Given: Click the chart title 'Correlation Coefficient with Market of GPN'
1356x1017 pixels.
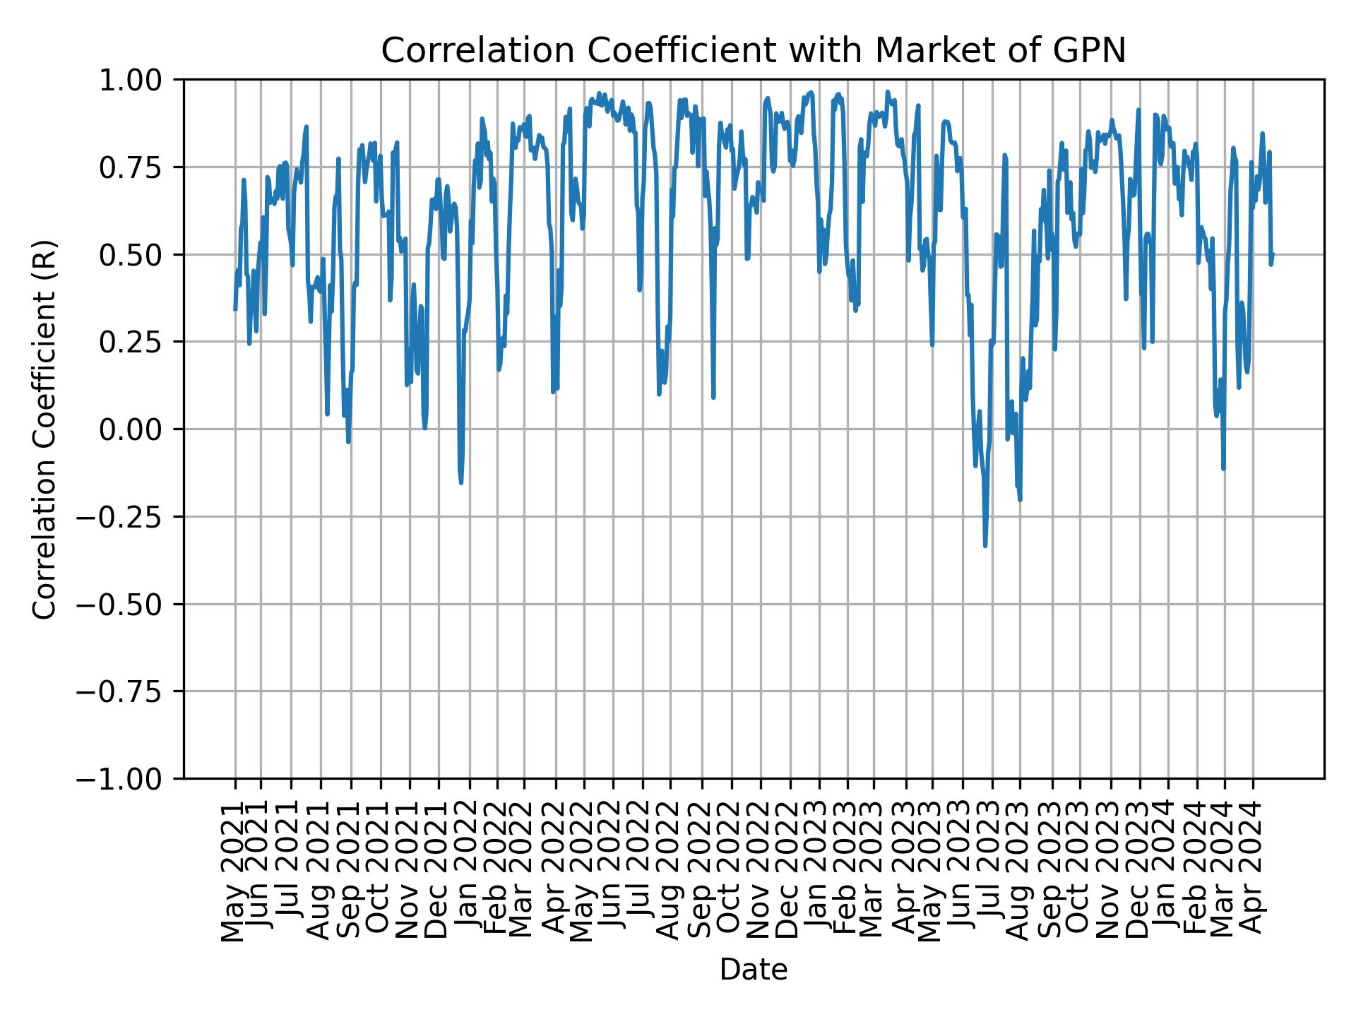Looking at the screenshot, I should point(753,51).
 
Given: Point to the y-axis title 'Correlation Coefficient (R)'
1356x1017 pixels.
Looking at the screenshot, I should point(44,429).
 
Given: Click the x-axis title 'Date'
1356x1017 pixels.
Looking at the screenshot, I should point(753,970).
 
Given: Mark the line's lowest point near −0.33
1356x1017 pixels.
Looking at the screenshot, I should point(985,545).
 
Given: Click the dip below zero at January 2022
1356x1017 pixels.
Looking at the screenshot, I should point(461,483).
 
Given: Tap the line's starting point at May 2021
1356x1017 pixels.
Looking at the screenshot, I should point(235,309).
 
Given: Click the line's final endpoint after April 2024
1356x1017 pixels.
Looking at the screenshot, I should point(1272,254).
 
